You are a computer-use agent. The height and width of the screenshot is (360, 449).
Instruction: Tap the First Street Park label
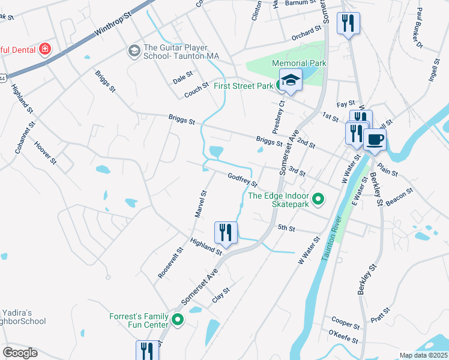[243, 86]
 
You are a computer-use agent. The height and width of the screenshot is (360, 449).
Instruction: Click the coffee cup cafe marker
[375, 140]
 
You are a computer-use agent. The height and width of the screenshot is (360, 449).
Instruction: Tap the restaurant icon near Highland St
[226, 233]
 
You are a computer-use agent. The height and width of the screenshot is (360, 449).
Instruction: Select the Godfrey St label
[242, 179]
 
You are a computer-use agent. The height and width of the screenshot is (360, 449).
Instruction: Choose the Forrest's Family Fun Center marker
[178, 320]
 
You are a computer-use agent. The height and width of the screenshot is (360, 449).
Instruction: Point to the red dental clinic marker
[44, 49]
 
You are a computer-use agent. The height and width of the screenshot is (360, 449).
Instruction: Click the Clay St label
[221, 296]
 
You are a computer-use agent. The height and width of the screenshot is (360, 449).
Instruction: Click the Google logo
[20, 353]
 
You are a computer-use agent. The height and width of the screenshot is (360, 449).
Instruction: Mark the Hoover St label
[45, 153]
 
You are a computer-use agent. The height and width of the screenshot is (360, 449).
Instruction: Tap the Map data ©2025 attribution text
[423, 355]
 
